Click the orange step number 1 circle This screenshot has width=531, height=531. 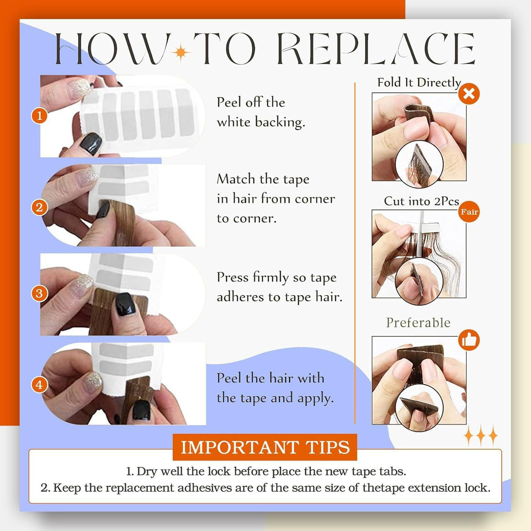pos(39,116)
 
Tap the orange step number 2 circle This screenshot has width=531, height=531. pos(39,207)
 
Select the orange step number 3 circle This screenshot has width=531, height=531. pos(39,293)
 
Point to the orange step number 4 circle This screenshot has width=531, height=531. pos(39,384)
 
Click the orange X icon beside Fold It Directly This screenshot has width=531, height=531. pos(469,94)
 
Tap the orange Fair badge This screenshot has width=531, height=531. pos(469,212)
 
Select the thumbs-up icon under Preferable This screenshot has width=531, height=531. pos(469,340)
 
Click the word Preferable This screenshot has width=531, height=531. pos(418,322)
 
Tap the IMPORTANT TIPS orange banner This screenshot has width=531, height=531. pos(265,447)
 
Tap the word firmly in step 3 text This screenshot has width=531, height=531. pos(271,278)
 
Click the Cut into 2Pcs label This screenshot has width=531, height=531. pos(421,201)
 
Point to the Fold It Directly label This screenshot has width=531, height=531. pos(419,82)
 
